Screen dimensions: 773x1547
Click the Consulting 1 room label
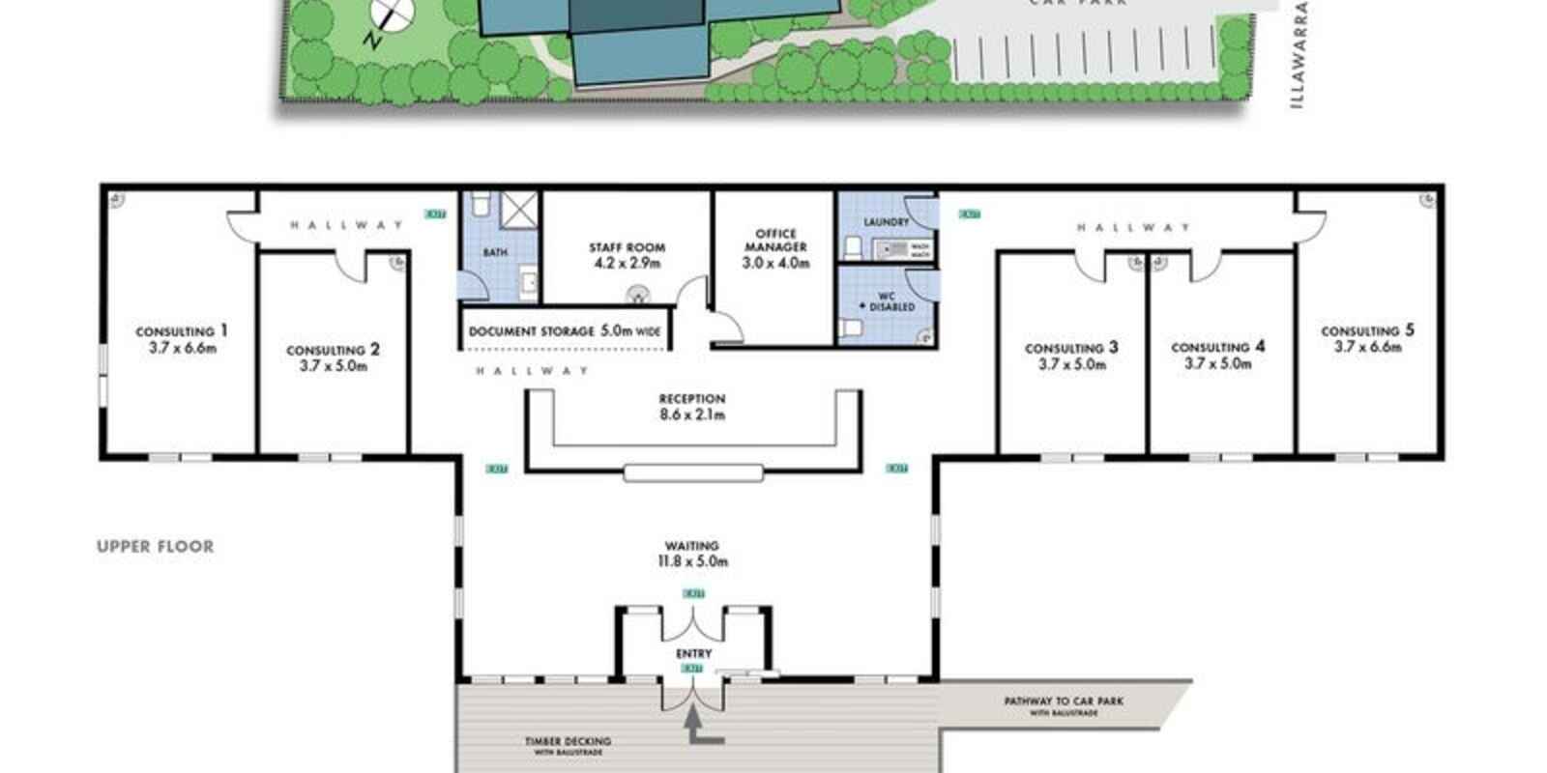coord(182,339)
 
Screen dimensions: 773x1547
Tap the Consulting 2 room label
coord(333,358)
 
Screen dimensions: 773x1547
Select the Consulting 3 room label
coord(1071,356)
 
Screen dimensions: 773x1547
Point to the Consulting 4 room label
coord(1217,355)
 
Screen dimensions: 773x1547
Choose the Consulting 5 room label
coord(1367,338)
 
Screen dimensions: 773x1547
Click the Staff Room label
coord(627,255)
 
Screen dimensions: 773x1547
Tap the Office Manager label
coord(775,247)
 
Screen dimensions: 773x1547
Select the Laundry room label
coord(886,222)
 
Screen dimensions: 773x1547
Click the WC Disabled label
coord(887,301)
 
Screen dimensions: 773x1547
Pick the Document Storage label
coord(565,331)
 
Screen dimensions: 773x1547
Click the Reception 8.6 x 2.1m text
coord(691,407)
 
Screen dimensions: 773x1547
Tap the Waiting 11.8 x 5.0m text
coord(691,554)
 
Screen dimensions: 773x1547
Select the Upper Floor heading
coord(155,547)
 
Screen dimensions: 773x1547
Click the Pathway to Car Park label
coord(1063,705)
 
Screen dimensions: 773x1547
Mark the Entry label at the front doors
coord(693,654)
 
